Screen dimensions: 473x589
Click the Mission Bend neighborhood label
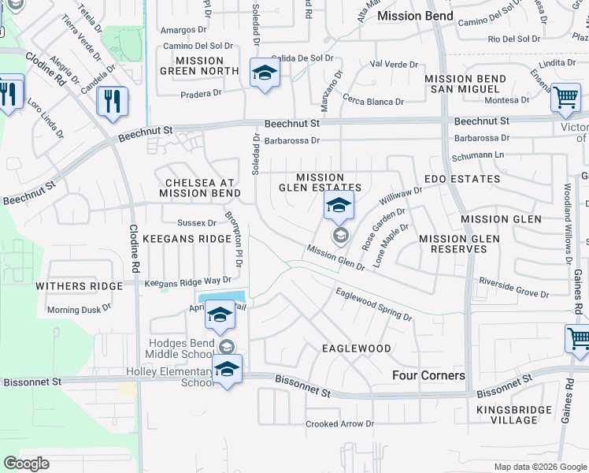point(415,16)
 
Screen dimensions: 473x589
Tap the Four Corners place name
point(428,375)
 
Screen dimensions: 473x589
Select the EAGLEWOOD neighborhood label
point(357,348)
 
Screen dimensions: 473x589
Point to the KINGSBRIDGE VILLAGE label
point(508,415)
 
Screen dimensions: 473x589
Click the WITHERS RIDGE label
point(80,286)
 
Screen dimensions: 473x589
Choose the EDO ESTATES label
point(462,179)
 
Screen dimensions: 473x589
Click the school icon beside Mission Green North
point(265,74)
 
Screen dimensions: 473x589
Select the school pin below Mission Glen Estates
point(339,207)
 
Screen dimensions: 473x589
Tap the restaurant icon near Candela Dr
point(112,101)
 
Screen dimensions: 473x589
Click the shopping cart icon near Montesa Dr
point(565,98)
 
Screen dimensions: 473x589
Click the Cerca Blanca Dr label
point(373,102)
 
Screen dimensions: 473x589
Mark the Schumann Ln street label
point(480,156)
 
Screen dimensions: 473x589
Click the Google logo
point(27,464)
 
